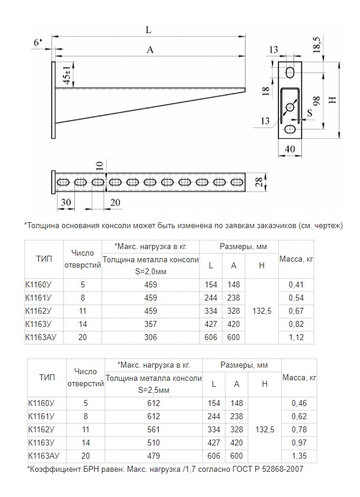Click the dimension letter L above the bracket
click(x=148, y=28)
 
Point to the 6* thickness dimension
click(x=38, y=42)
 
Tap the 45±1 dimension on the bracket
click(x=67, y=77)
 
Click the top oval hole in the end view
click(x=291, y=72)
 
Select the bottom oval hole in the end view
click(x=291, y=129)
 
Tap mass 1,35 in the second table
click(x=298, y=456)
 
